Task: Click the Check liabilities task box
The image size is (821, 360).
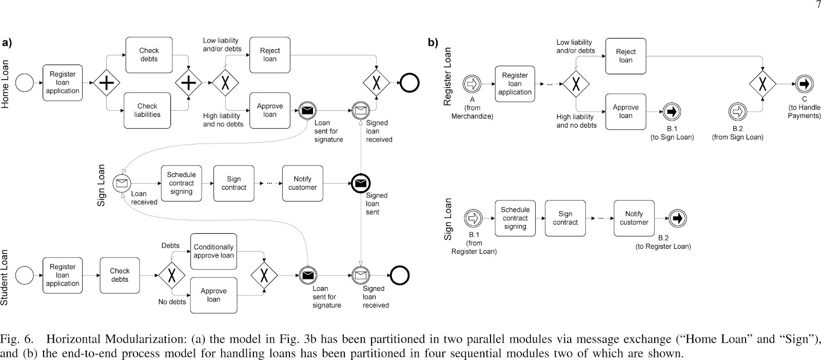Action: [147, 110]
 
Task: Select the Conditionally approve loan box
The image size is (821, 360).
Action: [213, 251]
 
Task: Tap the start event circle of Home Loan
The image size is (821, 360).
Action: [25, 83]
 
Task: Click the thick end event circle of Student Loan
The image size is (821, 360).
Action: [400, 275]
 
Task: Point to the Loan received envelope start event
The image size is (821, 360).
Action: [122, 183]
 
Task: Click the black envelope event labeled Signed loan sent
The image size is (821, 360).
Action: [361, 183]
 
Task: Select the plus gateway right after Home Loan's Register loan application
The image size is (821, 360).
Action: [106, 83]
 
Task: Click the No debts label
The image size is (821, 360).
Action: [172, 302]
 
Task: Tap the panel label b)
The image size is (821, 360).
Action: [433, 43]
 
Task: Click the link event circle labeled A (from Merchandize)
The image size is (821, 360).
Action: [472, 84]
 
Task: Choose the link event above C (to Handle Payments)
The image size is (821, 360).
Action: [804, 84]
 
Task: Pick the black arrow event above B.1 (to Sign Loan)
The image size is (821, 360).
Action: [672, 112]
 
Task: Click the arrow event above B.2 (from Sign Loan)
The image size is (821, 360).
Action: [737, 112]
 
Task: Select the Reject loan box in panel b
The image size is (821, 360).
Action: [625, 56]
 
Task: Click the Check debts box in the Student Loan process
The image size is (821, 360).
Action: [120, 275]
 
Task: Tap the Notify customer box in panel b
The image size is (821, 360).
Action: [634, 218]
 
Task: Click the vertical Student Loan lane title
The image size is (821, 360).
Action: [5, 277]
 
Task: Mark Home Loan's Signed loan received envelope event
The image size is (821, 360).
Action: [361, 111]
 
